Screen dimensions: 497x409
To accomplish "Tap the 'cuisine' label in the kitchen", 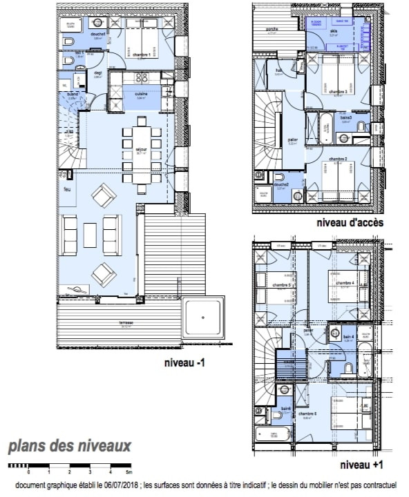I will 141,94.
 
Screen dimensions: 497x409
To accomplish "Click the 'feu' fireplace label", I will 67,188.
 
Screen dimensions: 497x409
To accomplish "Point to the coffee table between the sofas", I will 91,235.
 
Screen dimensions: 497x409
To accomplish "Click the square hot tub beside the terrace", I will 203,318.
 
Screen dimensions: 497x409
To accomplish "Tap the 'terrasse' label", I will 126,323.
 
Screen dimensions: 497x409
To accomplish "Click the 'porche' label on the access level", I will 272,29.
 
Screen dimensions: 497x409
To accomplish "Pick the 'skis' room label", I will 333,32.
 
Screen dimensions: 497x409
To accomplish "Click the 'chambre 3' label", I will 338,91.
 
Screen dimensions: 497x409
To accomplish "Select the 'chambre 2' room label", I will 338,159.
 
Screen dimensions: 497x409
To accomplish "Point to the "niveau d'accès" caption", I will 350,223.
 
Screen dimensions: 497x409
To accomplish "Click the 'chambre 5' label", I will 280,284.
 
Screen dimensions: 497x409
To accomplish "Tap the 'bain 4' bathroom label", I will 348,336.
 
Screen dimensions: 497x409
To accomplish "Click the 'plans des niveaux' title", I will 70,447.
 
